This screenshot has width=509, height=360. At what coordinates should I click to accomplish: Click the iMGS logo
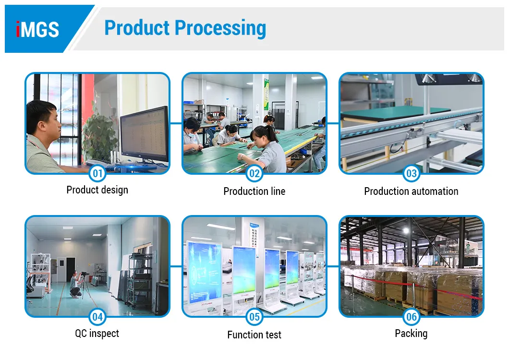tap(37, 29)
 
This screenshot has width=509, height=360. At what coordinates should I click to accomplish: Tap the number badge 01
tap(97, 173)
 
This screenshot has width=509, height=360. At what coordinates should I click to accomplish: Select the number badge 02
tap(254, 173)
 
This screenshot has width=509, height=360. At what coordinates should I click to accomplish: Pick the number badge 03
tap(412, 173)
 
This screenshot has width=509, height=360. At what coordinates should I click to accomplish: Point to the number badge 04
tap(97, 317)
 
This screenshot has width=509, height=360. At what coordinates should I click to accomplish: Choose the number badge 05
tap(254, 317)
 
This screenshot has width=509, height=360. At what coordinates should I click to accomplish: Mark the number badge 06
tap(412, 317)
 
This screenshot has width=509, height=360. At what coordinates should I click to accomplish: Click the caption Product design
tap(97, 190)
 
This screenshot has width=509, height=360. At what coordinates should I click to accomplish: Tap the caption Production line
tap(254, 192)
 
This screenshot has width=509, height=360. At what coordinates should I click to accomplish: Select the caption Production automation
tap(411, 192)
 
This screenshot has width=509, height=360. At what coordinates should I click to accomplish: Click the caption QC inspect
tap(97, 334)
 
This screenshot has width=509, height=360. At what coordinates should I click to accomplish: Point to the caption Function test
tap(254, 335)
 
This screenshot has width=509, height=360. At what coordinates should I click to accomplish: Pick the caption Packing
tap(411, 334)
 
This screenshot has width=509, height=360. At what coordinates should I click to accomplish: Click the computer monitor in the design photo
tap(144, 134)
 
